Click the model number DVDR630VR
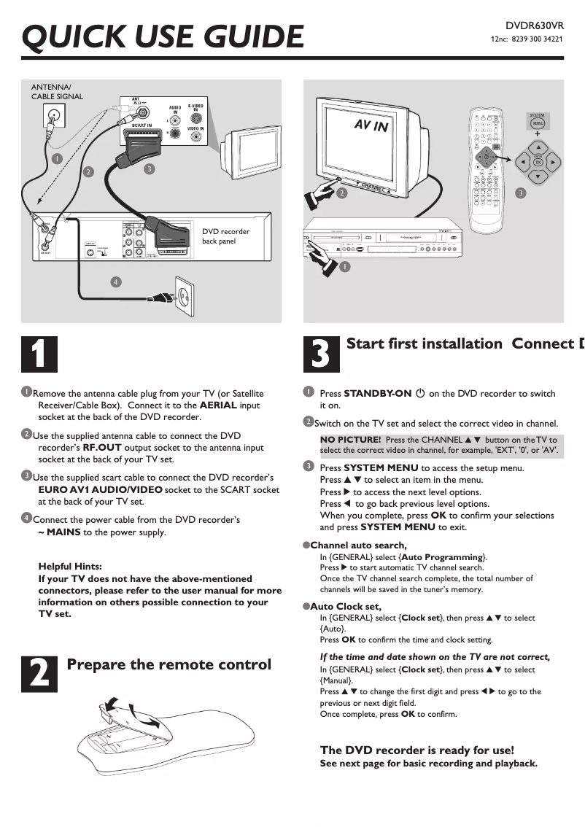point(535,26)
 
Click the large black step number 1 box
point(38,354)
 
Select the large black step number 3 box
point(321,354)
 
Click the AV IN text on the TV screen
point(371,125)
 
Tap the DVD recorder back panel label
point(225,236)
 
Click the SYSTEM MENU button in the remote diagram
point(537,123)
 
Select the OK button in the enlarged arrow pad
point(538,161)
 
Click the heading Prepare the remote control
point(168,664)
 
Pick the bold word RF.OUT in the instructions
point(102,448)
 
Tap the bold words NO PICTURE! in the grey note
point(351,440)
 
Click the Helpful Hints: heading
point(70,567)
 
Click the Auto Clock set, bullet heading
point(346,606)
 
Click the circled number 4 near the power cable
point(115,282)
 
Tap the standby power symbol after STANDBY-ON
point(420,393)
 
